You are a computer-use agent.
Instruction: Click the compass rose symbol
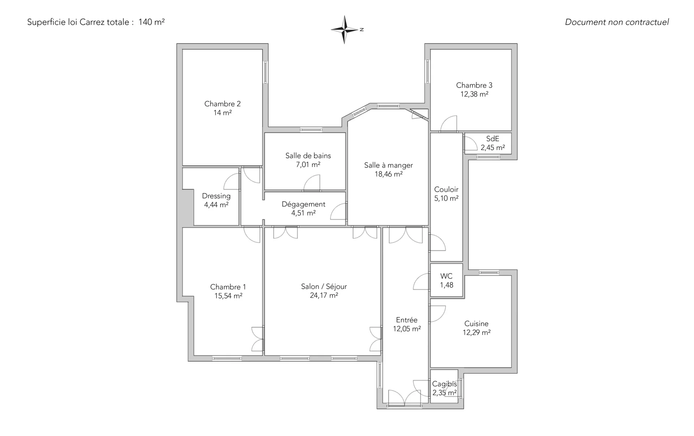(345, 30)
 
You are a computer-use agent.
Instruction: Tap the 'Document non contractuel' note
(617, 22)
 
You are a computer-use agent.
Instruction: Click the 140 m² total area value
(151, 22)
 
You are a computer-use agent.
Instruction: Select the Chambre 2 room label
(222, 104)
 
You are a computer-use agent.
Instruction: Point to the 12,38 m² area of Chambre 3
(474, 94)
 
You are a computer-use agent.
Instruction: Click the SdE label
(493, 139)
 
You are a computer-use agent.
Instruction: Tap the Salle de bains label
(308, 156)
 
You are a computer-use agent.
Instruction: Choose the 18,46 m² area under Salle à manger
(389, 174)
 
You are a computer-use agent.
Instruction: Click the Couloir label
(446, 189)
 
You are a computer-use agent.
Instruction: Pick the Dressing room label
(216, 196)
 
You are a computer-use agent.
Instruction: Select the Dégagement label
(304, 204)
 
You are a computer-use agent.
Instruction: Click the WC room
(446, 280)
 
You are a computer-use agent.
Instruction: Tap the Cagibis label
(445, 384)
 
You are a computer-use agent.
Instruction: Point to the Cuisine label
(476, 324)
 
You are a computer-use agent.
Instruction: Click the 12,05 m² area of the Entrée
(407, 329)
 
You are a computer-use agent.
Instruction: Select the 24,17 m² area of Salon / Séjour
(324, 295)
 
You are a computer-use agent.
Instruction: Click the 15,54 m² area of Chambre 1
(228, 296)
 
